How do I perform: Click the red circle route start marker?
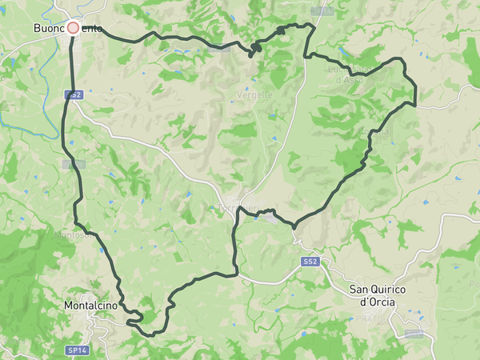pos(73,28)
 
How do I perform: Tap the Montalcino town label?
pos(90,306)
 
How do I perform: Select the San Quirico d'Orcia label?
pos(380,295)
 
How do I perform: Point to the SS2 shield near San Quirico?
pos(310,262)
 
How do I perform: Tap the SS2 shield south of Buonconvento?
pos(73,94)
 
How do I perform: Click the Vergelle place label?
pos(254,94)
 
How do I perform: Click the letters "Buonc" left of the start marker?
pos(49,28)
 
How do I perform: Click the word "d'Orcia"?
pos(379,302)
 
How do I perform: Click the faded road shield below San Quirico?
pos(414,333)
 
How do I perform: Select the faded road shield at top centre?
pos(321,11)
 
